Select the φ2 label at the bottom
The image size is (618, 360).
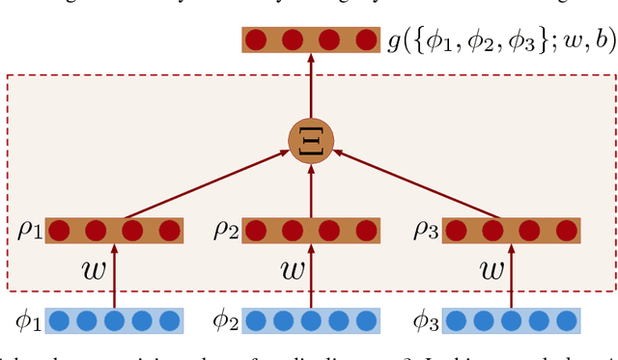pyautogui.click(x=220, y=320)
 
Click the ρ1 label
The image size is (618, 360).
pyautogui.click(x=29, y=232)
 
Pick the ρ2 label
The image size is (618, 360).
pyautogui.click(x=226, y=232)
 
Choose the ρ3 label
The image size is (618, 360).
pyautogui.click(x=425, y=232)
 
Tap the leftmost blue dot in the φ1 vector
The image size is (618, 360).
pyautogui.click(x=57, y=320)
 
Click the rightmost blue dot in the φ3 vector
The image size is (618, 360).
pyautogui.click(x=569, y=320)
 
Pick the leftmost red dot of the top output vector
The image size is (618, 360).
pyautogui.click(x=256, y=42)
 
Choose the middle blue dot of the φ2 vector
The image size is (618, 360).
pyautogui.click(x=311, y=320)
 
